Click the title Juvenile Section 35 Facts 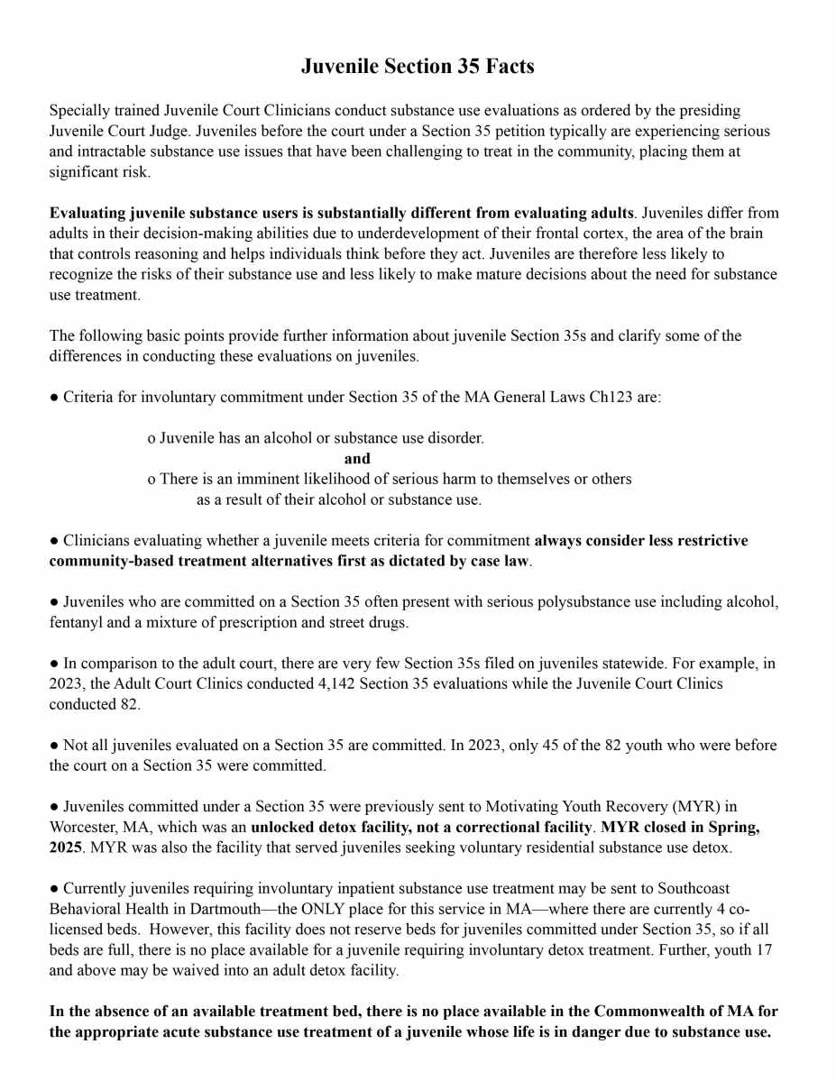[418, 67]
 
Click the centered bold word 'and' [357, 458]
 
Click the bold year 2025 [68, 847]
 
